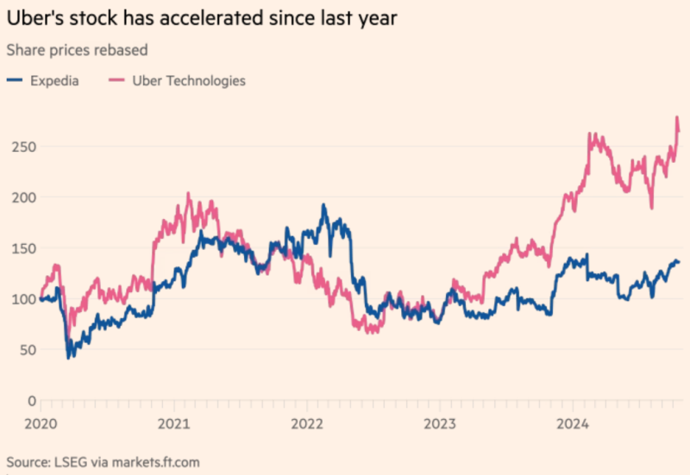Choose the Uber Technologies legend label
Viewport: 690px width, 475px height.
pos(189,80)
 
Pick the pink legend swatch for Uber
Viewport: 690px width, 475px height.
pos(117,80)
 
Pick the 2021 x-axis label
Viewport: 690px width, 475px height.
pos(174,423)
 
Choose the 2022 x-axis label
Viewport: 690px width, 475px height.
pos(307,423)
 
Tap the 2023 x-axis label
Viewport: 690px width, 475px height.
pos(440,423)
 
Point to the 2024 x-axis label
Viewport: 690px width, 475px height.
pos(573,423)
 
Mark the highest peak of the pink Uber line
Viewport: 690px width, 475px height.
pos(677,117)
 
